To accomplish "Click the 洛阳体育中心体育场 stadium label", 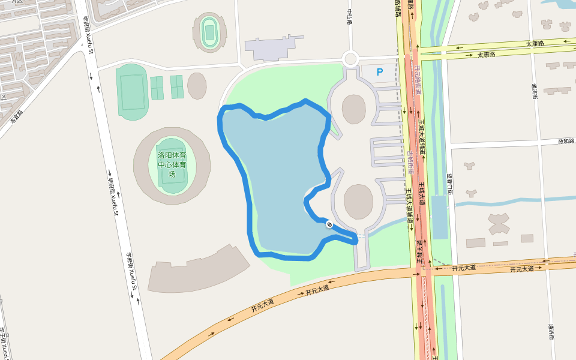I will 172,164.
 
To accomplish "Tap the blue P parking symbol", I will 379,72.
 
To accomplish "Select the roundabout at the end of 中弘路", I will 350,59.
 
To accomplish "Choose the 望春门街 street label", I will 449,184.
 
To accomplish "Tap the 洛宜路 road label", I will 16,116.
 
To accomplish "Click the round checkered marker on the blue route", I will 329,224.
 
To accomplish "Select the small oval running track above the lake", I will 209,32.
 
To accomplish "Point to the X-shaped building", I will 499,224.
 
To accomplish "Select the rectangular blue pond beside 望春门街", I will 440,217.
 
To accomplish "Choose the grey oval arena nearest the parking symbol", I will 353,109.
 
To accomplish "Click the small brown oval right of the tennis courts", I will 197,86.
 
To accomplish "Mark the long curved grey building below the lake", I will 198,270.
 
